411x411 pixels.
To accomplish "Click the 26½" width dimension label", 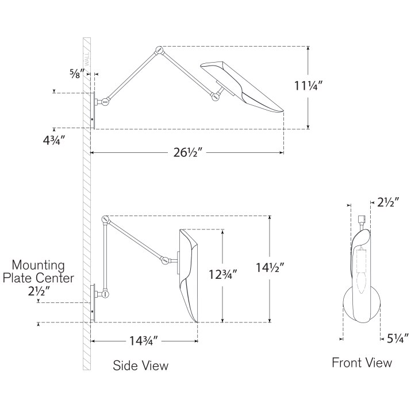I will pos(188,153).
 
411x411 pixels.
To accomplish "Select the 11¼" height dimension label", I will pos(308,87).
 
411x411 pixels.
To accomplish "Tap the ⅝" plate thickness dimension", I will pos(75,72).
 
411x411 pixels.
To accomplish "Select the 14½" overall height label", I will pos(270,268).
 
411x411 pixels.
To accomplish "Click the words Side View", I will pos(140,366).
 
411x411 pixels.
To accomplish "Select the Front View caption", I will pos(362,363).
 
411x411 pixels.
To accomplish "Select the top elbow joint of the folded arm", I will pos(106,220).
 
